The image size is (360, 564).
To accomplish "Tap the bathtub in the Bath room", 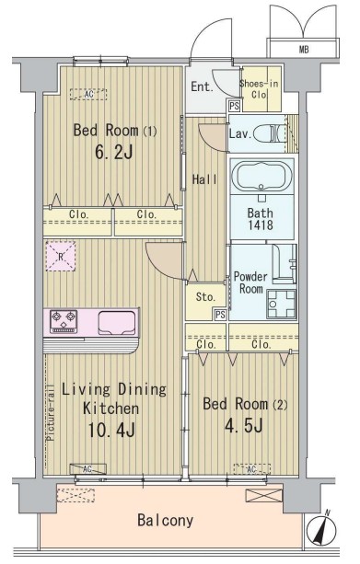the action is pos(261,177).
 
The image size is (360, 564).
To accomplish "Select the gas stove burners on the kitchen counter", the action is pos(64,320).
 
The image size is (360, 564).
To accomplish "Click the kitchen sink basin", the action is pos(117,322).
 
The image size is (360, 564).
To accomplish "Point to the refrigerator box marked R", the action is pos(61,256).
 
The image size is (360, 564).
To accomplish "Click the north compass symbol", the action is pos(321,528).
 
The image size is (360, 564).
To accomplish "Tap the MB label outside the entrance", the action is pos(304,50).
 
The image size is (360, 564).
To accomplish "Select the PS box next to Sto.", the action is pos(220,315).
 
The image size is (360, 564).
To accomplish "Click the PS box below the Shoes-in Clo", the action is pos(235,106).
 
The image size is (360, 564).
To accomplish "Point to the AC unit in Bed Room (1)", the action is pos(88,94).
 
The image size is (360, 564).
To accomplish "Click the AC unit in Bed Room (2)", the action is pos(251,469).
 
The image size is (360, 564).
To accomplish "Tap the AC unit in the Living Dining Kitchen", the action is pos(87,469).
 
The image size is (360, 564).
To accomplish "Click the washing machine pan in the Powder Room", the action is pos(282,304).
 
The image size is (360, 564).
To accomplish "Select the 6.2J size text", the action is pos(114,153).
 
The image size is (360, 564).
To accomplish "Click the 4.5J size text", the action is pos(244,426).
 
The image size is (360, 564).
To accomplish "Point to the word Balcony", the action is pos(165,521).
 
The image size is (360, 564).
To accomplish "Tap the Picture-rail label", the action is pos(51,412).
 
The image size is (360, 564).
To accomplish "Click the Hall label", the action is pos(204,179).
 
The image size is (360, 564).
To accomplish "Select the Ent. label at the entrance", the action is pos(202,86).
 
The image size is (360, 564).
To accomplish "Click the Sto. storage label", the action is pos(205,297).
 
